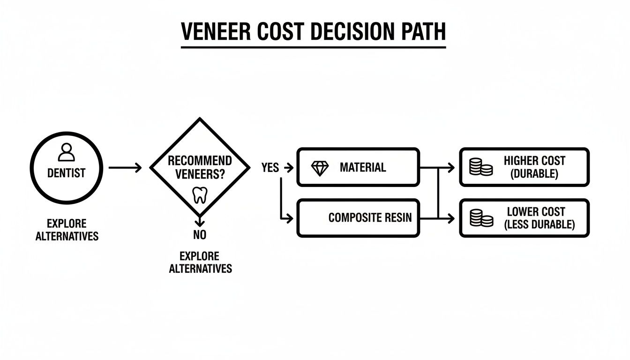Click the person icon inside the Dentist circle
click(x=66, y=152)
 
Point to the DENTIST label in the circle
click(x=66, y=173)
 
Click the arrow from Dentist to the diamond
click(x=125, y=167)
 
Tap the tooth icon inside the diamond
click(x=200, y=195)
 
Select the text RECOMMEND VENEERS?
click(x=200, y=167)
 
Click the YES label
click(x=270, y=168)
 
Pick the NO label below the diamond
click(x=200, y=235)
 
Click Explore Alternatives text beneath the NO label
click(x=200, y=262)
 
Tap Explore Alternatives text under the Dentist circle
click(x=67, y=230)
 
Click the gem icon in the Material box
click(x=320, y=168)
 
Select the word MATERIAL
click(x=362, y=168)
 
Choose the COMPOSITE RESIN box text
click(x=370, y=218)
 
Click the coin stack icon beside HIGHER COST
click(x=480, y=167)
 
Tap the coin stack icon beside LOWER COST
click(x=480, y=218)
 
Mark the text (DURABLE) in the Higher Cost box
click(x=534, y=174)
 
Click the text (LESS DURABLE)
click(x=539, y=225)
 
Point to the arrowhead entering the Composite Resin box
click(x=290, y=218)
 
